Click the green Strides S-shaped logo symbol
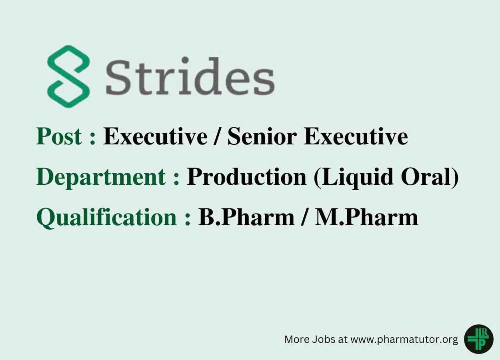coord(68,76)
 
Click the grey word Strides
coord(190,76)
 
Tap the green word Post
coord(59,136)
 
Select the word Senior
coord(262,136)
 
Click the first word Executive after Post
coord(155,136)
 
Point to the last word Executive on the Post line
coord(356,136)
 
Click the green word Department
coord(101,178)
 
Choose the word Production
coord(247,178)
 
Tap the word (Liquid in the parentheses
coord(353,178)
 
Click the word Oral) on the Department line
coord(430,178)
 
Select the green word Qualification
coord(107,218)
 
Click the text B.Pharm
coord(246,218)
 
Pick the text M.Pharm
coord(366,218)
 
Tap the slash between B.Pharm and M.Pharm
coord(304,218)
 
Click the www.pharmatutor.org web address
coord(404,340)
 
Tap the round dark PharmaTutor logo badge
coord(479,339)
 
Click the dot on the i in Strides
coord(185,60)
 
